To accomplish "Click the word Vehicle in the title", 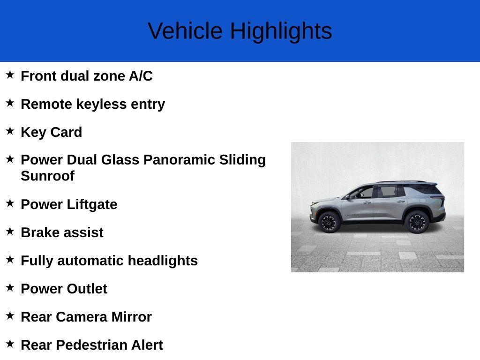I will pos(185,31).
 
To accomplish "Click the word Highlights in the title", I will pos(281,31).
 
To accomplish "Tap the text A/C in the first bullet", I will pos(141,76).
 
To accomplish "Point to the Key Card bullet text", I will pos(52,132).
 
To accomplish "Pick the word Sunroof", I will pos(47,176).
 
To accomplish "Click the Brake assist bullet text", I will pos(62,232).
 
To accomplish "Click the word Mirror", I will pos(131,317).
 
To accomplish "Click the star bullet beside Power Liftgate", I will pos(10,203).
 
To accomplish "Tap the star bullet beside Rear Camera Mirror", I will pos(10,315).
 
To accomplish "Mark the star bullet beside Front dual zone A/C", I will pos(10,75).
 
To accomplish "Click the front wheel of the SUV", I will pos(329,222).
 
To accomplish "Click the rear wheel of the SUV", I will pos(417,222).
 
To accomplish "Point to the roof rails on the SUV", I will pos(403,182).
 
